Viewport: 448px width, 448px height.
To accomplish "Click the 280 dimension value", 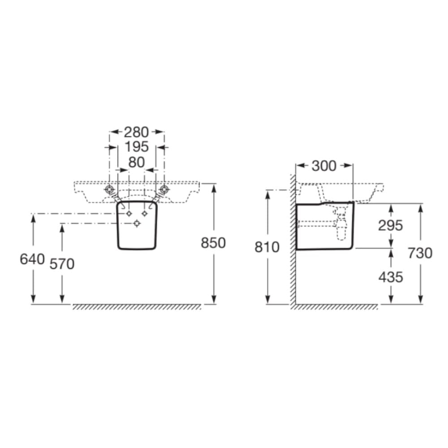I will tap(136, 132).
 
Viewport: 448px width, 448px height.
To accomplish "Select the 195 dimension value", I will tap(136, 147).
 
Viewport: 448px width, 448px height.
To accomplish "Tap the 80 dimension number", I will tap(136, 163).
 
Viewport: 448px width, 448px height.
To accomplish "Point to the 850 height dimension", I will tap(213, 243).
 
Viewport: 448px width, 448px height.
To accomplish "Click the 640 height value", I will tap(32, 259).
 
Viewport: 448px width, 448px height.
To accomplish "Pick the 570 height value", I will tap(62, 264).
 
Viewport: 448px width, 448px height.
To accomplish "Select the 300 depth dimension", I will tap(323, 166).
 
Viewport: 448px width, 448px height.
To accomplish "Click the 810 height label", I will tap(267, 247).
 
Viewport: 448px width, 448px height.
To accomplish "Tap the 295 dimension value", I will tap(391, 225).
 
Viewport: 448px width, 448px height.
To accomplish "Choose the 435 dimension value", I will tap(391, 277).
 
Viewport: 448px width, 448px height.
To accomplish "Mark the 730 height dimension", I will tap(420, 253).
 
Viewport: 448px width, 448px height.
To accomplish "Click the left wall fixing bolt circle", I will tap(109, 190).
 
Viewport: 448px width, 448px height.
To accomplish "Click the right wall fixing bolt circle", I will tap(164, 190).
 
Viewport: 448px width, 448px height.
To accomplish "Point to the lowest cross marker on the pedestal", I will tap(137, 224).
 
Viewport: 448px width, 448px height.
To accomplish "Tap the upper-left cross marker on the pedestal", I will tap(129, 214).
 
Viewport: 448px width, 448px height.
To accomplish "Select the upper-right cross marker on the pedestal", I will tap(144, 214).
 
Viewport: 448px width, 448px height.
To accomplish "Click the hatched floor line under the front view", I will tap(137, 307).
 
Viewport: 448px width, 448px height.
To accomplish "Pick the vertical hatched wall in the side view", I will tap(293, 242).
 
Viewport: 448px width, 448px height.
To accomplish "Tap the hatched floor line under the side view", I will tap(336, 307).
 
